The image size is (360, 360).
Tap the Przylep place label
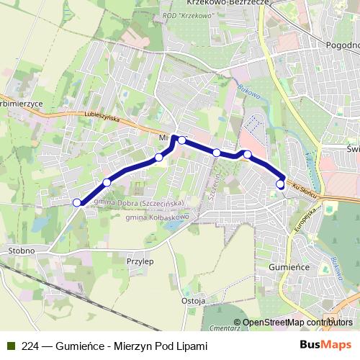(140, 262)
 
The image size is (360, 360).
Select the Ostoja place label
(194, 300)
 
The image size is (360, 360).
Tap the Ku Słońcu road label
(307, 189)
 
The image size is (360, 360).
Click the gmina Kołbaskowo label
(156, 217)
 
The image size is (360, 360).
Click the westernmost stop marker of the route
(76, 202)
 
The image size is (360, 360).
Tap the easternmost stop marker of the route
(280, 184)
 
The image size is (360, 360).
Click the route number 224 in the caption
(30, 346)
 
